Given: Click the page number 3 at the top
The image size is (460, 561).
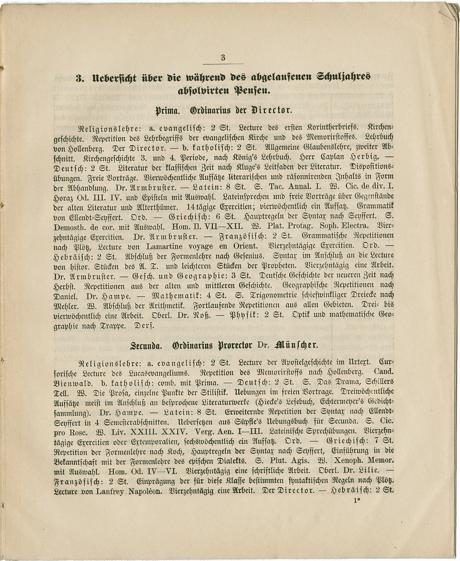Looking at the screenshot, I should pyautogui.click(x=223, y=58).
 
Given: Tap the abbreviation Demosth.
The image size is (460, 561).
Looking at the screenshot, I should pyautogui.click(x=70, y=228).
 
